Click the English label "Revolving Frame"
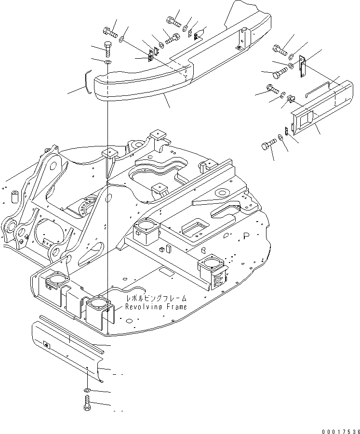(156, 307)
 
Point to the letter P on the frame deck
(246, 236)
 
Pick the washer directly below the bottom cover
(87, 389)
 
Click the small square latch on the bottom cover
(47, 345)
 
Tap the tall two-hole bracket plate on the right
(302, 66)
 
